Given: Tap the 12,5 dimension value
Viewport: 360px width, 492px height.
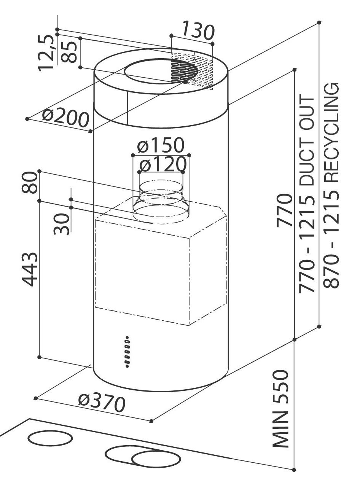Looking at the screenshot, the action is [46, 53].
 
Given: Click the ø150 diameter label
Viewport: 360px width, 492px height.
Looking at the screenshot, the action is [161, 145].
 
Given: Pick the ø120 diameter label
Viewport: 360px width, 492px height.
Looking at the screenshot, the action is [162, 164].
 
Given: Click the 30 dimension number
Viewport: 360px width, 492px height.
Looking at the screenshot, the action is [61, 224].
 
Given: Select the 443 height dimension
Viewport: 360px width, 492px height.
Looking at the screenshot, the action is [29, 269].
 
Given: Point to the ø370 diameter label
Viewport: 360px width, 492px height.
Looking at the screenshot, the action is [102, 403].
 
